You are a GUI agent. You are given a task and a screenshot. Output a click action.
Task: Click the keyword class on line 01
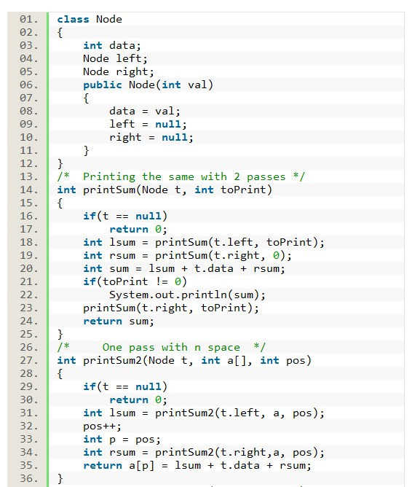(x=74, y=19)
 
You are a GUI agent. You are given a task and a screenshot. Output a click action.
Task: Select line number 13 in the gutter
(x=29, y=176)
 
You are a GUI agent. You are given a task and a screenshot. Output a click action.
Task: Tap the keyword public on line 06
(x=103, y=85)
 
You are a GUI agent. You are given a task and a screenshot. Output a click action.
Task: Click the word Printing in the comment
(x=109, y=177)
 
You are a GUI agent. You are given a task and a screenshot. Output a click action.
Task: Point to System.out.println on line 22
(x=168, y=295)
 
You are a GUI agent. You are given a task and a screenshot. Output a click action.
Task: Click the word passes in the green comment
(x=266, y=177)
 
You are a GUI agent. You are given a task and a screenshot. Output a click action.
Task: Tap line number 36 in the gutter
(x=29, y=478)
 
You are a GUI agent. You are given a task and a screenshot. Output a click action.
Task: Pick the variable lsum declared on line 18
(x=122, y=243)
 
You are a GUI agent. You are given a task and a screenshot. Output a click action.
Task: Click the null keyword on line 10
(x=175, y=138)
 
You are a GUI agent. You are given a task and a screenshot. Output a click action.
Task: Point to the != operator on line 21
(x=162, y=281)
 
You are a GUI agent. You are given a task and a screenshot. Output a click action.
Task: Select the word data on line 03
(x=122, y=46)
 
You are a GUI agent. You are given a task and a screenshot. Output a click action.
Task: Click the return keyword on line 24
(x=103, y=322)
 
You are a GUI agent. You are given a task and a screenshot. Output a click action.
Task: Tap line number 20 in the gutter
(x=29, y=269)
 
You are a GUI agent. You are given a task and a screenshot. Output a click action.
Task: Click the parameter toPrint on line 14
(x=243, y=190)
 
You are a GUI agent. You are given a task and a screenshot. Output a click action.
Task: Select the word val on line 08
(x=165, y=112)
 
